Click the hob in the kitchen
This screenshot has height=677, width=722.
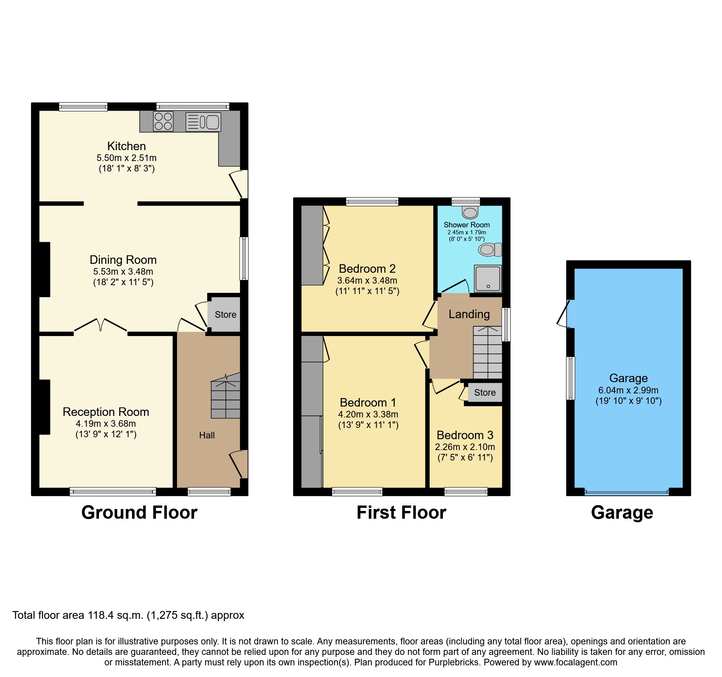163,121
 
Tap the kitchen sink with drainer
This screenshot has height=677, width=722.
203,122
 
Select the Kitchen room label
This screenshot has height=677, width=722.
127,146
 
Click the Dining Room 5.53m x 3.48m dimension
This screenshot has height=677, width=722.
123,272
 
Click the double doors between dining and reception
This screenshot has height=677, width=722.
101,325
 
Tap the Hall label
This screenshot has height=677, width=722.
207,435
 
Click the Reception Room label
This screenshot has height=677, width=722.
106,412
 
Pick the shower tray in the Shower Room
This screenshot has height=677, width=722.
488,279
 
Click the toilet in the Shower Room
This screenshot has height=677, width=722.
490,249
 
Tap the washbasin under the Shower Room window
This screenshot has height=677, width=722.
470,213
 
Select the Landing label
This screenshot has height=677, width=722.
469,314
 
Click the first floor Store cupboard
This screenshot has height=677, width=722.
484,393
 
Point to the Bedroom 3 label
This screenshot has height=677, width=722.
465,435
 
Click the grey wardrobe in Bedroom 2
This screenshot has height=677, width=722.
312,245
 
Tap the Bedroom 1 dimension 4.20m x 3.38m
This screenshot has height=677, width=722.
368,414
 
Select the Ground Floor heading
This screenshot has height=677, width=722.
139,513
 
